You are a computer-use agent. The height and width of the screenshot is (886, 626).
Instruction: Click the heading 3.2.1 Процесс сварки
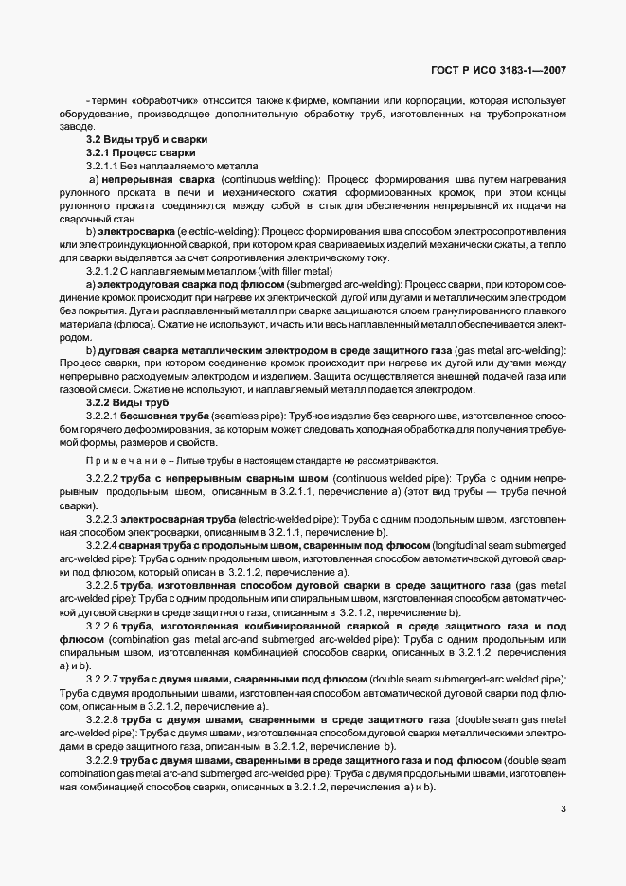point(141,152)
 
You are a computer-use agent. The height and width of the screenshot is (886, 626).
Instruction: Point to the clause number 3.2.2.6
point(100,626)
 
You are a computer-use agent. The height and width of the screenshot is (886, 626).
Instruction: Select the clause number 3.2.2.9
point(100,760)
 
